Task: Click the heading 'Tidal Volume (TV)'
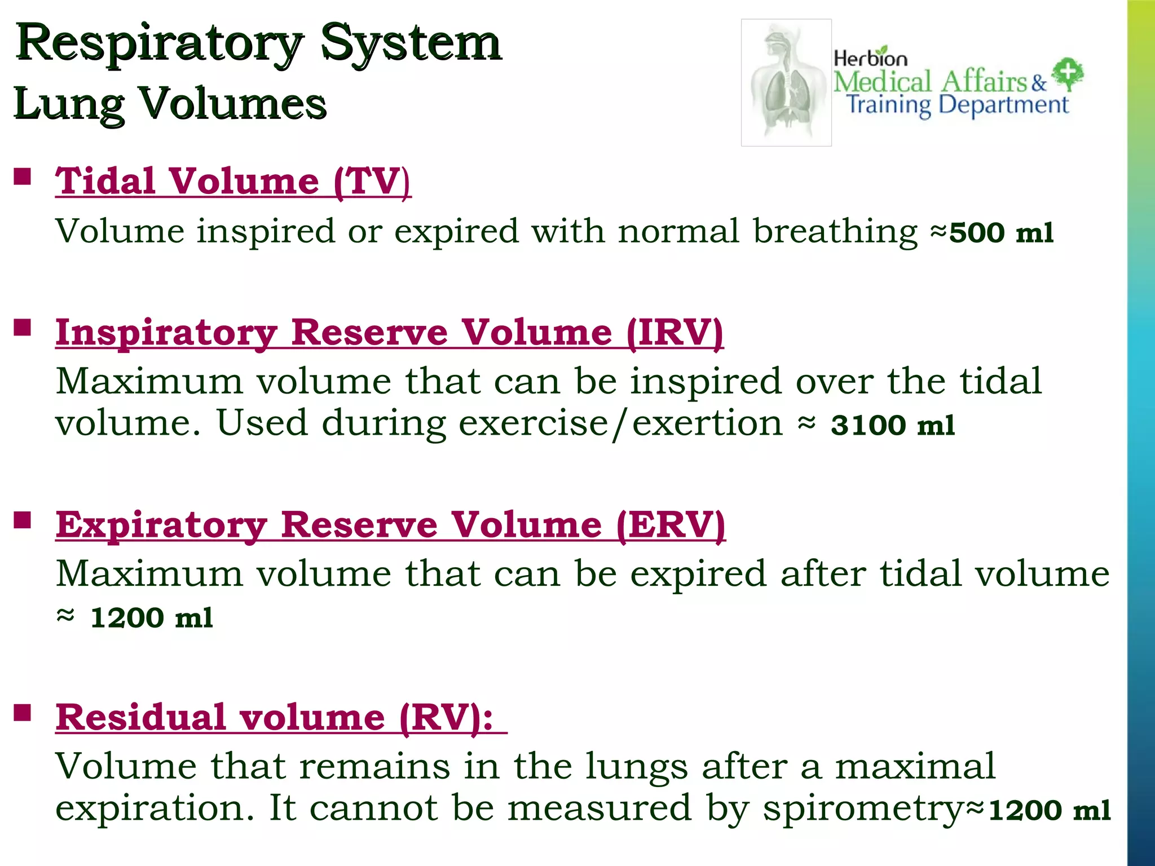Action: pos(233,182)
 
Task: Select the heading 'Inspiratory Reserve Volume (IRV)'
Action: pos(389,333)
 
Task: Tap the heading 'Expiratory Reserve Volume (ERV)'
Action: pos(390,525)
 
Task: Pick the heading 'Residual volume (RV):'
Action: pos(275,718)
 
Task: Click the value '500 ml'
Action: pos(1001,233)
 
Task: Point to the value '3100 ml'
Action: pos(893,425)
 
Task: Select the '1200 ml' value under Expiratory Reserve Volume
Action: pos(151,618)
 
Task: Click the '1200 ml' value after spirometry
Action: pos(1050,811)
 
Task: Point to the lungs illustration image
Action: pos(786,83)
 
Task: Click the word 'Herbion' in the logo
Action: pos(870,58)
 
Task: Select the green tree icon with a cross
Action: pos(1068,74)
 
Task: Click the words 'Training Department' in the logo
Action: pos(957,105)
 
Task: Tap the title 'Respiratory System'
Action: pos(258,43)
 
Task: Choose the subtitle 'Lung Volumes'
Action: pos(170,104)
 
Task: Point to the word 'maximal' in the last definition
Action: pos(915,767)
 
